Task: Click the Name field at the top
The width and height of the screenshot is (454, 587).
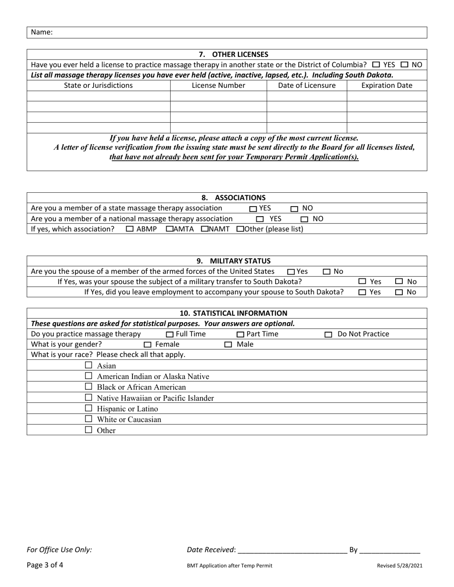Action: pyautogui.click(x=239, y=32)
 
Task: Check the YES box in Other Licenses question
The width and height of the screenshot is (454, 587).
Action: pyautogui.click(x=376, y=64)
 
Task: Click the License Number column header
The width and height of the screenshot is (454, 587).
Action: pyautogui.click(x=218, y=86)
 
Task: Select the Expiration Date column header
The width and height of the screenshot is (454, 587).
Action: pyautogui.click(x=387, y=86)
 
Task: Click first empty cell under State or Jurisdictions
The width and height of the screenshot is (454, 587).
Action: pyautogui.click(x=98, y=96)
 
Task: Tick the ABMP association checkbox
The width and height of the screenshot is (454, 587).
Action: pyautogui.click(x=130, y=229)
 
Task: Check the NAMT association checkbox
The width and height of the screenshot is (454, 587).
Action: pyautogui.click(x=205, y=229)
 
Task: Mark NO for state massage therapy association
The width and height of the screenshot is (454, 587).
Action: pyautogui.click(x=294, y=209)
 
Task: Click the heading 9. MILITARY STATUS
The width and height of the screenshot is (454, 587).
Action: pyautogui.click(x=234, y=261)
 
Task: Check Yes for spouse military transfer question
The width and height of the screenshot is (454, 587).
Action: pyautogui.click(x=362, y=282)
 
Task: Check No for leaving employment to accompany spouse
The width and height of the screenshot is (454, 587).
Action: pyautogui.click(x=399, y=293)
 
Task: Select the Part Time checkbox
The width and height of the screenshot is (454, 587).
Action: pyautogui.click(x=240, y=335)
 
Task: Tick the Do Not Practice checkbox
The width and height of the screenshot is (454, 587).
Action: pyautogui.click(x=328, y=335)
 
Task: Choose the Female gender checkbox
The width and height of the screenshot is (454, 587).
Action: pyautogui.click(x=148, y=345)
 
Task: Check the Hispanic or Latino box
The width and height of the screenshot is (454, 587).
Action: pyautogui.click(x=88, y=409)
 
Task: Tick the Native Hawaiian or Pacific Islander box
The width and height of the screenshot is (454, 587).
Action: pyautogui.click(x=88, y=398)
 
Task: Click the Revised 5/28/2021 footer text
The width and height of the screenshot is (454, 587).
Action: pyautogui.click(x=399, y=566)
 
